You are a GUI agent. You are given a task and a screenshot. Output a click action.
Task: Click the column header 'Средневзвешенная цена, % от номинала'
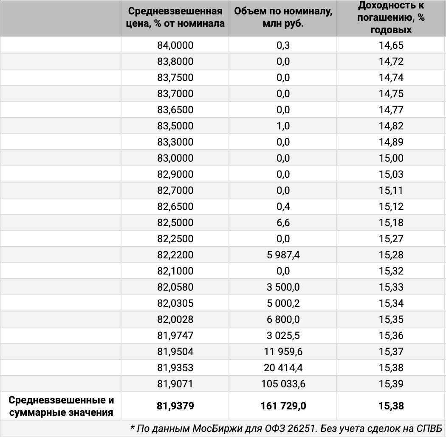(x=175, y=17)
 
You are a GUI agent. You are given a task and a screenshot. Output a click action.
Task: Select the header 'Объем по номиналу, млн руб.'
(x=283, y=17)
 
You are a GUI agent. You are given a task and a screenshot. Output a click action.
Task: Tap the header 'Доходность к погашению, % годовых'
(x=391, y=17)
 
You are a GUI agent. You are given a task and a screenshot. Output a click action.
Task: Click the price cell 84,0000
(x=175, y=45)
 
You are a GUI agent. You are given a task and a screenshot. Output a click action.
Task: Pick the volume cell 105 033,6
(x=283, y=384)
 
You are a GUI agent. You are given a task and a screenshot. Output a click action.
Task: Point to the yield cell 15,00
(x=391, y=158)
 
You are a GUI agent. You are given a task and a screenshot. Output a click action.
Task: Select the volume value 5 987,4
(x=283, y=255)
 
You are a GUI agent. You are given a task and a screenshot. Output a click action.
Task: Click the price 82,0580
(x=175, y=287)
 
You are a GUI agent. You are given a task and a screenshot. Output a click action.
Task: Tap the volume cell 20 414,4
(x=283, y=368)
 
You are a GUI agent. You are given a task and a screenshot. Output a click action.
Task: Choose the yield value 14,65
(x=391, y=45)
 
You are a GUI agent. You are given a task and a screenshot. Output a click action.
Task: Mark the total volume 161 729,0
(x=283, y=406)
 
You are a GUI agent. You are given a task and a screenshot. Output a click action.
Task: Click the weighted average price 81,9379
(x=175, y=406)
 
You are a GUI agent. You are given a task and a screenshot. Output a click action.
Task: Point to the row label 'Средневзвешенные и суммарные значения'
(x=61, y=406)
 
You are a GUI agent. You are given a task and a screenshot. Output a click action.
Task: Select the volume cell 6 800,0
(x=283, y=319)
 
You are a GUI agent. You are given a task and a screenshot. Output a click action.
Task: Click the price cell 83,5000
(x=175, y=126)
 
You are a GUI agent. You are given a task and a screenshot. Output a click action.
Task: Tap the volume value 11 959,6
(x=283, y=352)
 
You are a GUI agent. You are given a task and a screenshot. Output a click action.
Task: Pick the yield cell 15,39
(x=391, y=384)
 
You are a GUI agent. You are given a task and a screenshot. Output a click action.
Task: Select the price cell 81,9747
(x=175, y=336)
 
